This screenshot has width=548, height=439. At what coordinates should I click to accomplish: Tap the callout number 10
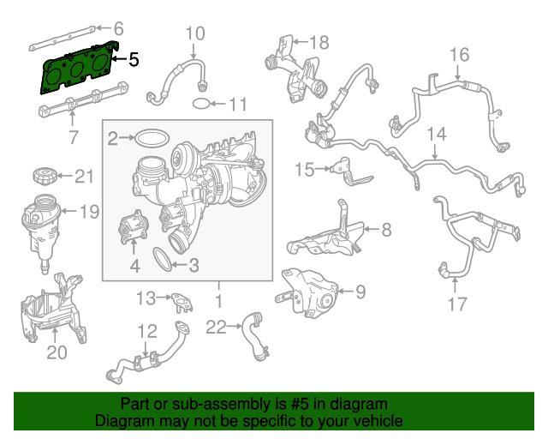coord(195,34)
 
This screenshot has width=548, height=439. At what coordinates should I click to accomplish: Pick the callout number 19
coord(90,211)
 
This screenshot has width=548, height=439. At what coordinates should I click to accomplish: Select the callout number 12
coord(147,331)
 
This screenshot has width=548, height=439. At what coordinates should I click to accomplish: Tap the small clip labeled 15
coord(342,171)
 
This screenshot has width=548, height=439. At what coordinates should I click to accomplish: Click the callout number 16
coord(460,56)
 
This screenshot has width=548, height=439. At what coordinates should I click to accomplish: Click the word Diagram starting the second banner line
coord(122,421)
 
